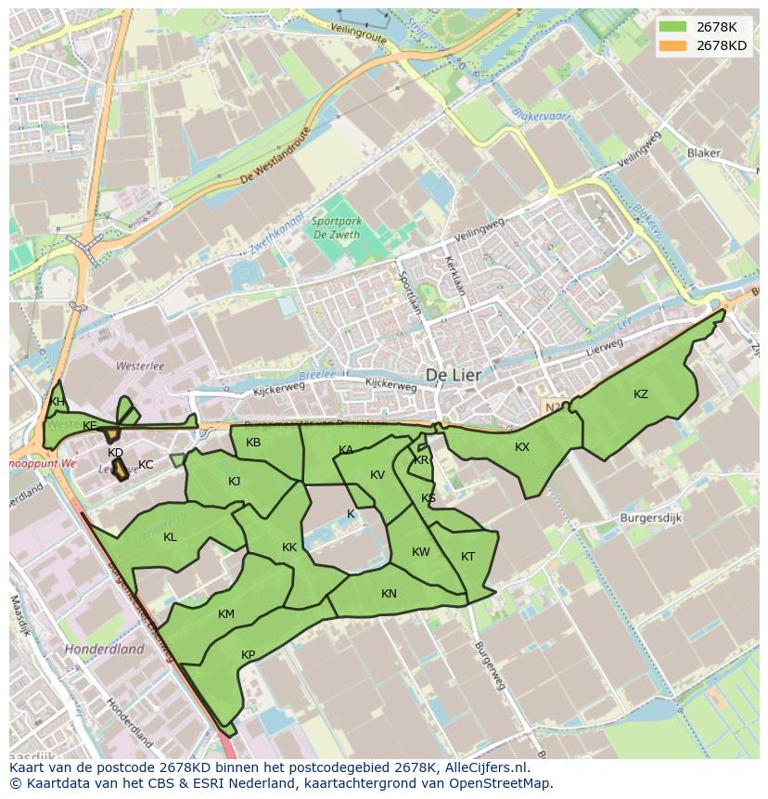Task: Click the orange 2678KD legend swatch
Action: click(674, 45)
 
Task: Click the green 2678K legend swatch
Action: click(674, 27)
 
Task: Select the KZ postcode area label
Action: click(641, 394)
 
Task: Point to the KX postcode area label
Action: click(522, 447)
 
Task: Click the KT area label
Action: click(467, 557)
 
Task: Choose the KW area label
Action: click(421, 552)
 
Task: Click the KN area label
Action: click(389, 594)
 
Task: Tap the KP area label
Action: click(248, 655)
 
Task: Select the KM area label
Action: click(226, 614)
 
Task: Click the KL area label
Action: click(170, 537)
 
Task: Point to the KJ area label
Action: click(234, 481)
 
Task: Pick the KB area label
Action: click(253, 443)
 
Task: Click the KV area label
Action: click(378, 475)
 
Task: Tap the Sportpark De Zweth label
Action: click(336, 228)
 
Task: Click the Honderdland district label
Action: click(104, 650)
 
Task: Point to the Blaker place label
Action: click(703, 153)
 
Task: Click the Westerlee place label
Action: click(139, 366)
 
